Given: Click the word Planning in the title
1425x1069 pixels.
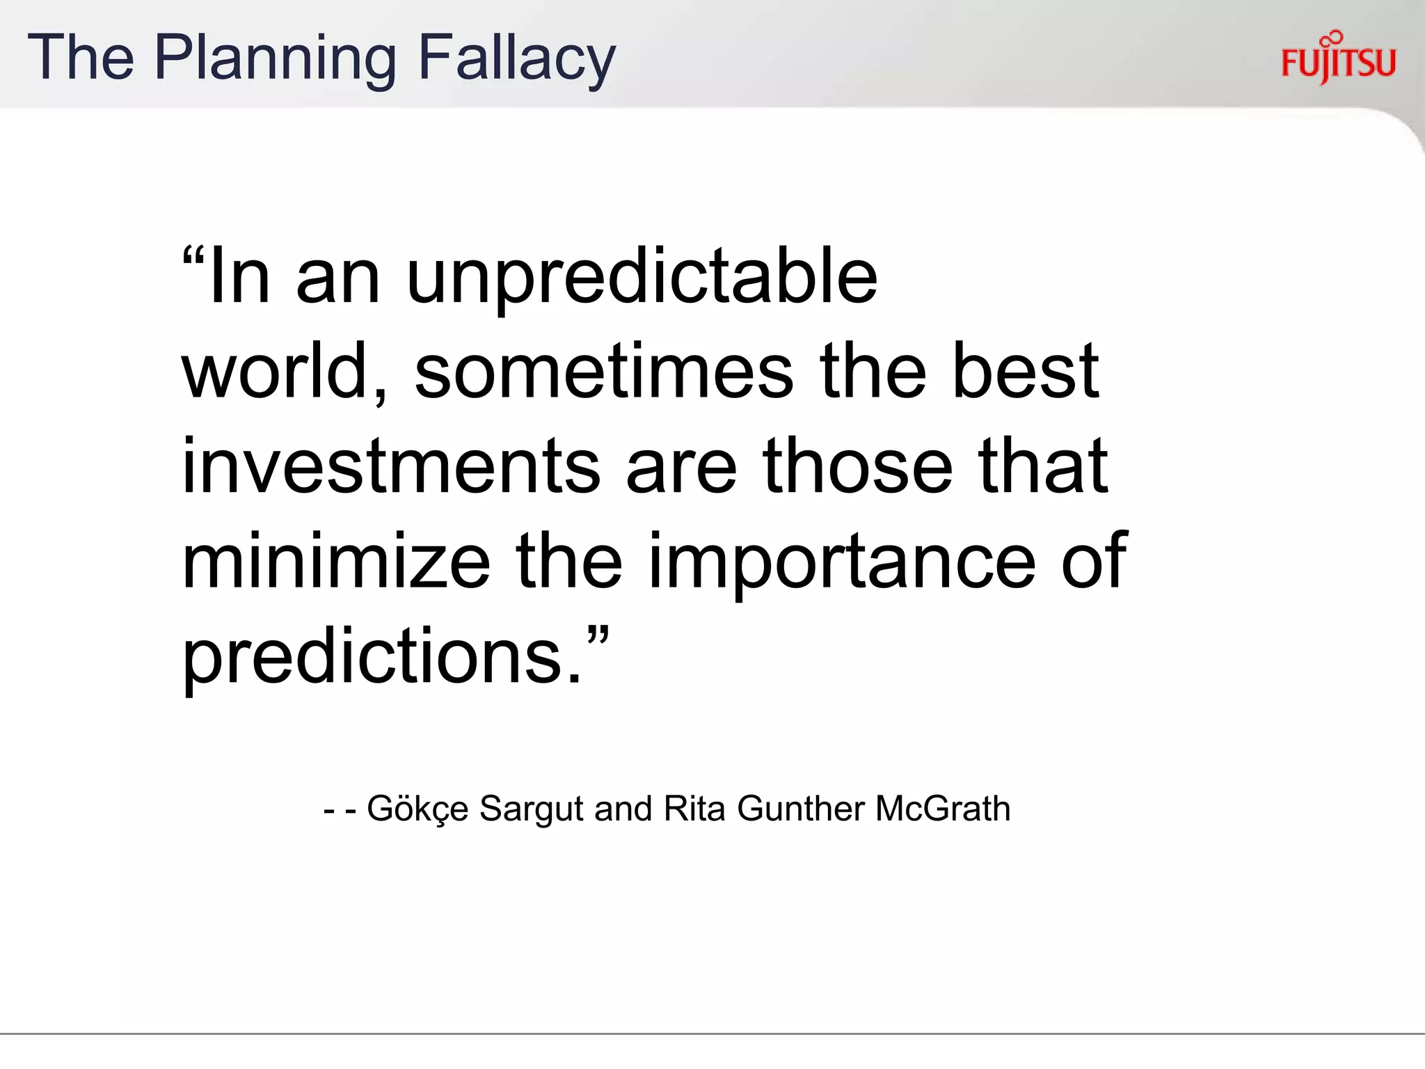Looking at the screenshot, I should (275, 58).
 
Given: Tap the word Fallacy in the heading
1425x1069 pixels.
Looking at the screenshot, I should (517, 58).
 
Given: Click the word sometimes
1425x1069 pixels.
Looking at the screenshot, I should (603, 372).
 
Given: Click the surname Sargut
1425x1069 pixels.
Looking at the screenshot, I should (531, 809).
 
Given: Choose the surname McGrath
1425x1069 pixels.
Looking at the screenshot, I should (943, 809).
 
